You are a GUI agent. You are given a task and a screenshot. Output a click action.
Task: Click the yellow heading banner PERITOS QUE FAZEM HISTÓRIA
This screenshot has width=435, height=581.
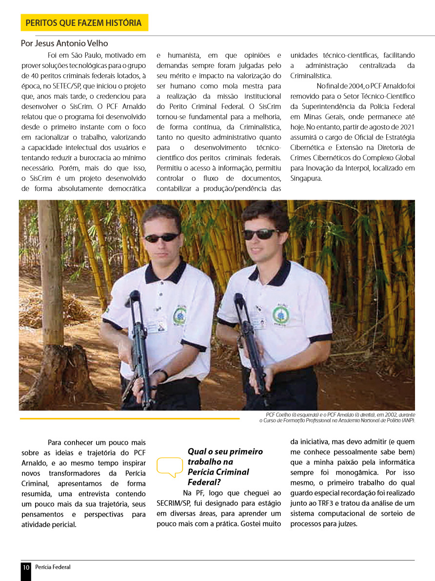pos(84,22)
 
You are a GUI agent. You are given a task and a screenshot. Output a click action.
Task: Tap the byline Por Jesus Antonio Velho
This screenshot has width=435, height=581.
pos(64,43)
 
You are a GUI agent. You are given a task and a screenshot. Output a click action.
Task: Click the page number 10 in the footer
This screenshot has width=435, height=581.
pos(26,567)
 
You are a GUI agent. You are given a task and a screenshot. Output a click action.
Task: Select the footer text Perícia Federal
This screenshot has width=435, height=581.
pos(53,567)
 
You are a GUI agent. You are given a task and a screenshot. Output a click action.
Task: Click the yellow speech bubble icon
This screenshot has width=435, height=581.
pos(169,466)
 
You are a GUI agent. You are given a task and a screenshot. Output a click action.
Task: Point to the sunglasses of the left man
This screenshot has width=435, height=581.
pos(162,237)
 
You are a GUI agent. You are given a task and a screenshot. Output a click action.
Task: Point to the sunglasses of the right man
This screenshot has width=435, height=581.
pos(261,234)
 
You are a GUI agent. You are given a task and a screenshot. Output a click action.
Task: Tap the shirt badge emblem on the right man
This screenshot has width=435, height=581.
pos(280,315)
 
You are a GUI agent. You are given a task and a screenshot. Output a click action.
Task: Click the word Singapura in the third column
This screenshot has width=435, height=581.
pos(306,178)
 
